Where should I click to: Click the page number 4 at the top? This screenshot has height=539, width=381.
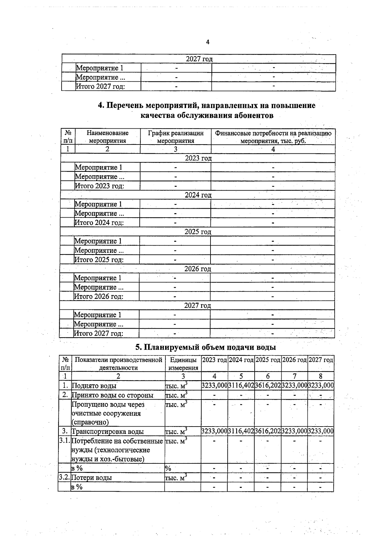208,42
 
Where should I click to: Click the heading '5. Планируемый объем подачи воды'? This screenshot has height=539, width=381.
205,347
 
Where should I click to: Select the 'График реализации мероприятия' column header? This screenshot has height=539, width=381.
176,137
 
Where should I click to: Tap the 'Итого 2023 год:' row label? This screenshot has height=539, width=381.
99,186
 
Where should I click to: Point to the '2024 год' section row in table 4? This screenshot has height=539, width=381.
198,195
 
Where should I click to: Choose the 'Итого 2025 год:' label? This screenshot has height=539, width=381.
99,260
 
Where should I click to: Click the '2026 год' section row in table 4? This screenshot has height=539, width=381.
197,269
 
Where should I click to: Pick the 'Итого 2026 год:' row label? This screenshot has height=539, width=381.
98,297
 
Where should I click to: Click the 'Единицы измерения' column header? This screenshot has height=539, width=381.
183,364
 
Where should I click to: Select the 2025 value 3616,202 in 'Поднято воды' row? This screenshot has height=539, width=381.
268,386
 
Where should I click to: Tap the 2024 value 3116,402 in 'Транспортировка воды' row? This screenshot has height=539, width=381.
241,431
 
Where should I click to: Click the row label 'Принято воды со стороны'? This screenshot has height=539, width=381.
112,395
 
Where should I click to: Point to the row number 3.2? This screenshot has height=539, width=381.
65,477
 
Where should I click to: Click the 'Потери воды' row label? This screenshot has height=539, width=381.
91,478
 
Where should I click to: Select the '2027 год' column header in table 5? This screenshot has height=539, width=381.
321,360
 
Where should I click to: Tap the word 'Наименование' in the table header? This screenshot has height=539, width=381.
108,133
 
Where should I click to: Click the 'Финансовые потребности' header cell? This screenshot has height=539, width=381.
273,137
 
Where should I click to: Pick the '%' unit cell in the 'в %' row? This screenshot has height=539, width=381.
168,468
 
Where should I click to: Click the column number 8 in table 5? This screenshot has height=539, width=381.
320,376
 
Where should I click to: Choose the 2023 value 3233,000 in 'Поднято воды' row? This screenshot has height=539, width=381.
214,386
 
